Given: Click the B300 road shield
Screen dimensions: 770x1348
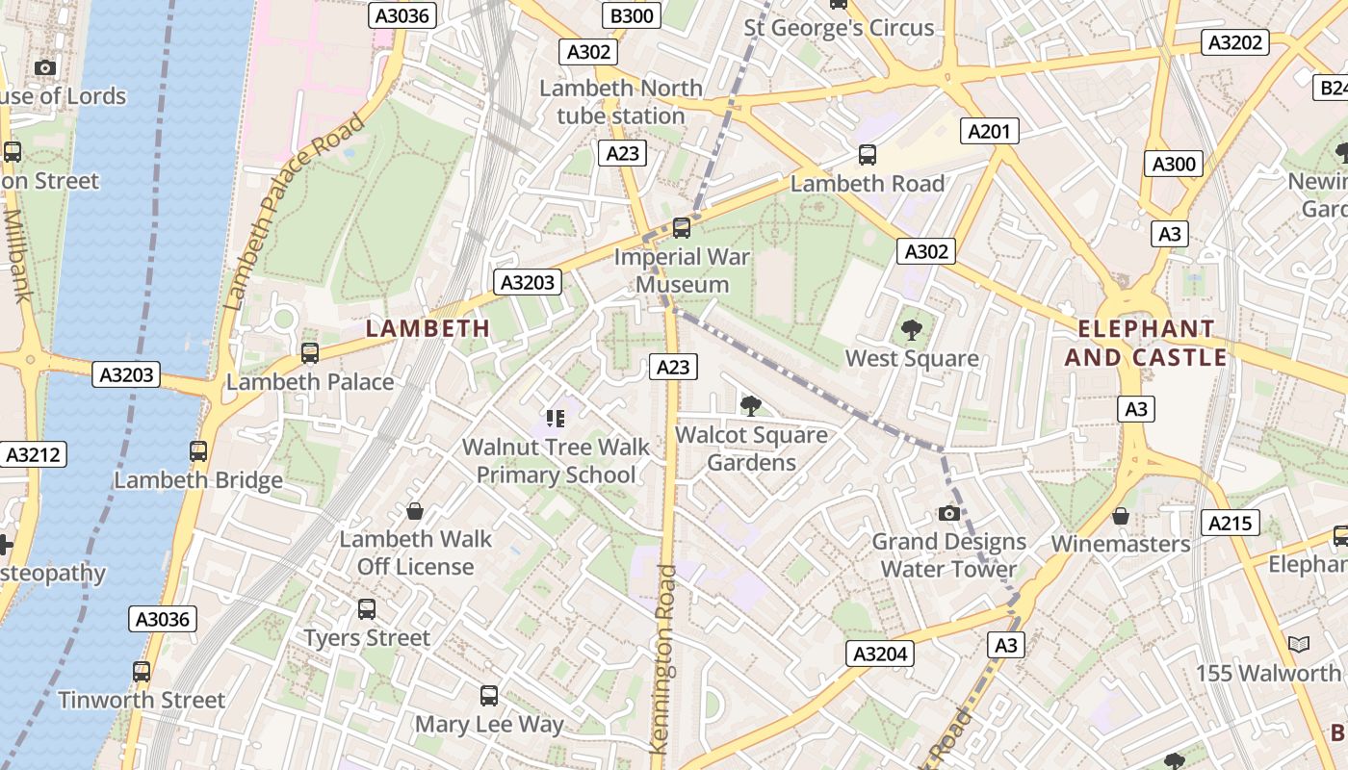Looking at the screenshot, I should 632,14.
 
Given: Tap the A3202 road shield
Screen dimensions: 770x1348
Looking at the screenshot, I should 1234,42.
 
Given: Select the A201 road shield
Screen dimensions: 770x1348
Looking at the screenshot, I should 989,131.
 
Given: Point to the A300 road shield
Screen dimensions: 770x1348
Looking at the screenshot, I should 1174,164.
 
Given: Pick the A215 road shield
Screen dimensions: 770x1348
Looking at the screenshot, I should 1231,523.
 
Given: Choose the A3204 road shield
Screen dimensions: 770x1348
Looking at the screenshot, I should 880,654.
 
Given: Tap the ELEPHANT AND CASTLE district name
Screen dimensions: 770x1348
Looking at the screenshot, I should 1153,343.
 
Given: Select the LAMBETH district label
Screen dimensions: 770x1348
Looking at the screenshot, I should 428,328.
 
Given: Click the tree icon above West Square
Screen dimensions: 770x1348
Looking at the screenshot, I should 911,331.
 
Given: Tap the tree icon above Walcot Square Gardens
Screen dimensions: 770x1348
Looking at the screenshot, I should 750,406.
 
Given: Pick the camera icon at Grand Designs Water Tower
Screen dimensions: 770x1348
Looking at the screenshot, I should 949,513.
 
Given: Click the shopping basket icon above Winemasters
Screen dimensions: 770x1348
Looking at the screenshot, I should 1120,517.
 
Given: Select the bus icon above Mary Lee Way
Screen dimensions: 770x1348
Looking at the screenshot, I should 489,695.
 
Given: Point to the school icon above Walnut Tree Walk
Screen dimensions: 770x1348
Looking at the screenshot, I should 555,418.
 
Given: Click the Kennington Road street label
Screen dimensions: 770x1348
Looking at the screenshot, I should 663,658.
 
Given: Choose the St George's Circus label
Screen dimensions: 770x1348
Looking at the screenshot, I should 839,28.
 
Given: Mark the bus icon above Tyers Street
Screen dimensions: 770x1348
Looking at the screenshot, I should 367,608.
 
